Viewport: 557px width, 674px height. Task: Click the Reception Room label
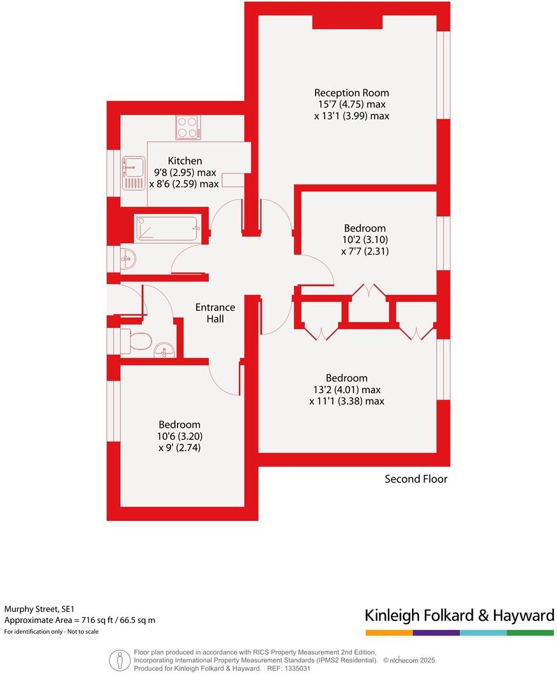[x=351, y=93]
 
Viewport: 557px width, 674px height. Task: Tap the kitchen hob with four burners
[x=188, y=127]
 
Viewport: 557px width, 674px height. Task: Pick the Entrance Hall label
[x=215, y=313]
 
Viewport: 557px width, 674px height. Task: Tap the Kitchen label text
[x=185, y=161]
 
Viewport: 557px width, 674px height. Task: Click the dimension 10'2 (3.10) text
[x=365, y=240]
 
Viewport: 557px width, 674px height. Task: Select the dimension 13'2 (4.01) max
[x=346, y=389]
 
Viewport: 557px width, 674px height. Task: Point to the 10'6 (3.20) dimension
[x=179, y=437]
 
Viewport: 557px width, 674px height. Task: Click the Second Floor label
[x=416, y=479]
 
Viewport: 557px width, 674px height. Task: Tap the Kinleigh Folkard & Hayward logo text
[x=459, y=615]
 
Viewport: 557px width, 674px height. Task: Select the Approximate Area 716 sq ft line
[x=80, y=620]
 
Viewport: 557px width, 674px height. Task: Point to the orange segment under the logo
[x=389, y=633]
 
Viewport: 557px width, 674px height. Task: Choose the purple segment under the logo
[x=436, y=633]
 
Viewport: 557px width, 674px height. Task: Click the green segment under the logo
[x=530, y=633]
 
